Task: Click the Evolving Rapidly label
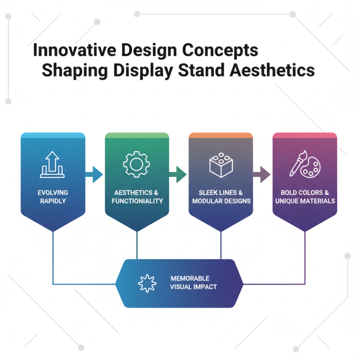pyautogui.click(x=53, y=197)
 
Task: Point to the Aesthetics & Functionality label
pyautogui.click(x=137, y=197)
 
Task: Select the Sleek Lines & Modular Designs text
pyautogui.click(x=220, y=197)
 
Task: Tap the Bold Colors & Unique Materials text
pyautogui.click(x=305, y=197)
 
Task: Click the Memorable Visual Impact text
pyautogui.click(x=193, y=283)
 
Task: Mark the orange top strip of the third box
pyautogui.click(x=220, y=135)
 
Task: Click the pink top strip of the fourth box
pyautogui.click(x=305, y=135)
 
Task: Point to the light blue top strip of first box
pyautogui.click(x=53, y=135)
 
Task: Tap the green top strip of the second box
pyautogui.click(x=137, y=135)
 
